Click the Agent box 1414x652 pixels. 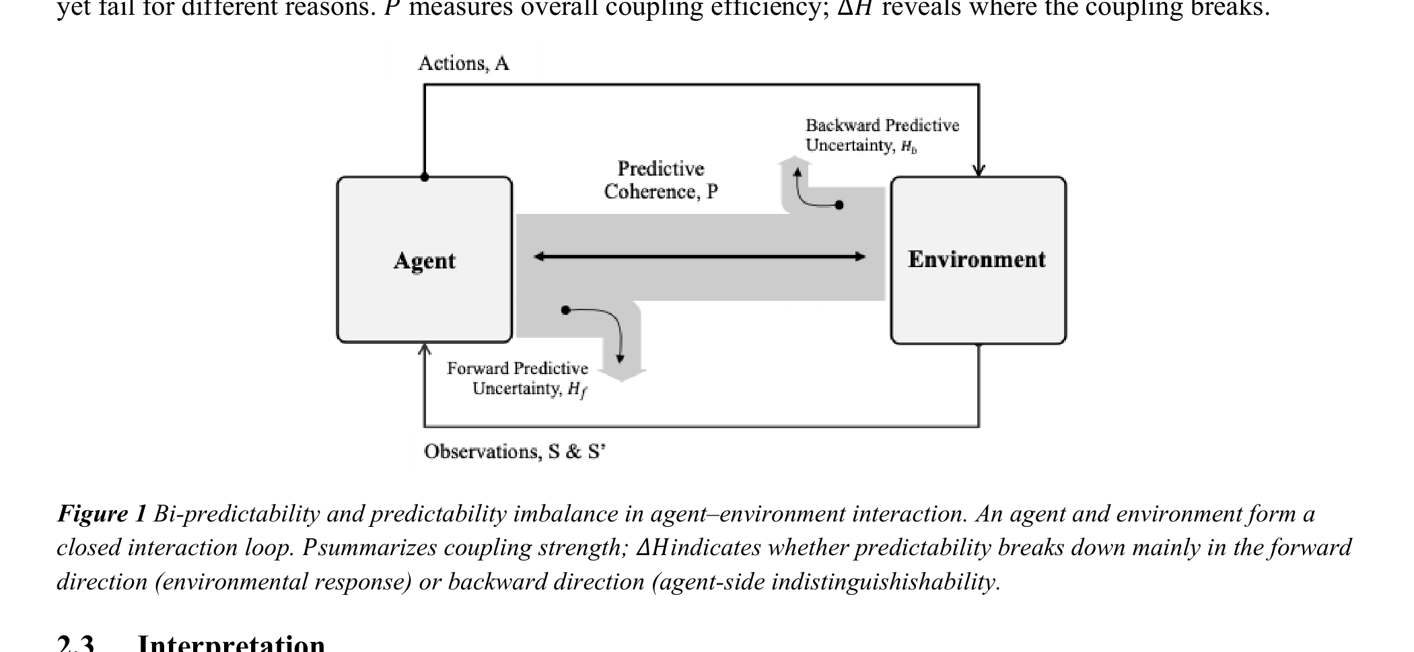pos(424,260)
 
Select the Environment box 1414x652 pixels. pos(977,260)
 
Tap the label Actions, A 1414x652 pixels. pos(463,63)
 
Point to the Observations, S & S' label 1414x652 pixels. pos(514,451)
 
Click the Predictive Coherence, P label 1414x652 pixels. pos(660,180)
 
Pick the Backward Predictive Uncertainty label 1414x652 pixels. pos(882,135)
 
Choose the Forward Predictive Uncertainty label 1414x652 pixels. pos(518,379)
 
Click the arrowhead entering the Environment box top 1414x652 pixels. pos(979,171)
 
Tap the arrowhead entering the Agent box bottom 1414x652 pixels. pos(424,349)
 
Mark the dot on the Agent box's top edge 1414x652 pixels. pos(424,178)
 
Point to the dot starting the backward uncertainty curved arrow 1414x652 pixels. pos(839,205)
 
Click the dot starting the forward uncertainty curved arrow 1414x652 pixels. pos(565,310)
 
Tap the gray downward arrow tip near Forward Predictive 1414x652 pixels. pos(622,376)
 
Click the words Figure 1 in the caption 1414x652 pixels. pos(102,514)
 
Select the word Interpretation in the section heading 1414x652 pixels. pos(231,643)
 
